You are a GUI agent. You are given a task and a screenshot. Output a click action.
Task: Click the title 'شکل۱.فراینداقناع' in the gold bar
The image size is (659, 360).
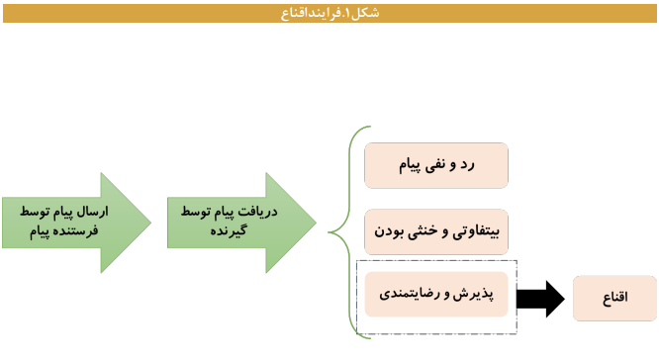click(329, 11)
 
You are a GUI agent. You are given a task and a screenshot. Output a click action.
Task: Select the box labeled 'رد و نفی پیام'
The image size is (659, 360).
click(436, 165)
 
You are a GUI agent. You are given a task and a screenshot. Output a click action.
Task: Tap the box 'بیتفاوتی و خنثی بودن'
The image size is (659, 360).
click(436, 232)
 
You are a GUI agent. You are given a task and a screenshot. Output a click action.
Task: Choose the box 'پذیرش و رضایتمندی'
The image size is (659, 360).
click(436, 294)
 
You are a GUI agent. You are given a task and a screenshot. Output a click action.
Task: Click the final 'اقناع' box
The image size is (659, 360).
click(614, 298)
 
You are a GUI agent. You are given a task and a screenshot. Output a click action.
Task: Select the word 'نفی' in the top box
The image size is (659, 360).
click(453, 165)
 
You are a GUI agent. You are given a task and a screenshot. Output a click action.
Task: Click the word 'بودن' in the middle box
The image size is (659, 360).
click(390, 232)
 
